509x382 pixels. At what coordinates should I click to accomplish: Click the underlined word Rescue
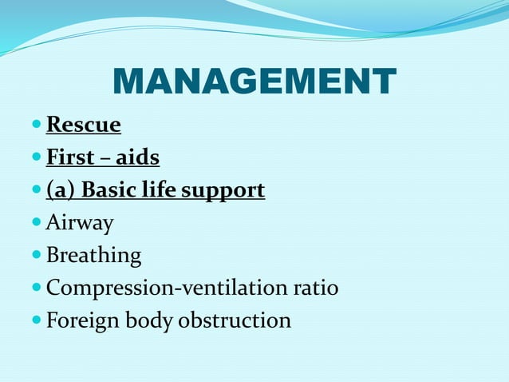84,125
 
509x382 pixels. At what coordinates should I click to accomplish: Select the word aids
138,158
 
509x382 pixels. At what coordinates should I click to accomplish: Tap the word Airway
80,224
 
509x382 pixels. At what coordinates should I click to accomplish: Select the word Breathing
93,257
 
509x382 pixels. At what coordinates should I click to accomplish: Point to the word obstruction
235,320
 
